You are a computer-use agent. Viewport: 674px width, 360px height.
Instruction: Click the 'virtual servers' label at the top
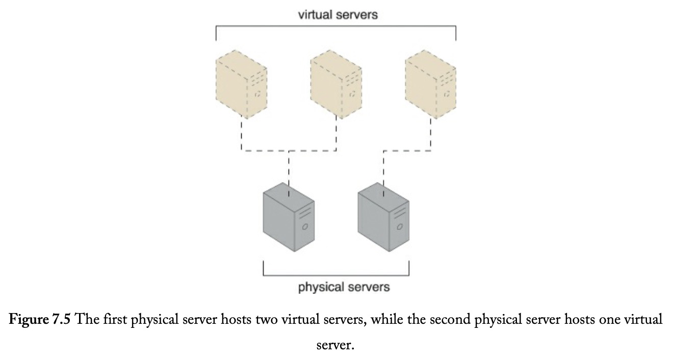point(338,15)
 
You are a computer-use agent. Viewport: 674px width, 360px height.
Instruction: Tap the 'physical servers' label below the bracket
point(344,287)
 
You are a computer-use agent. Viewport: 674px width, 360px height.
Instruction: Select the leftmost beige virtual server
point(241,84)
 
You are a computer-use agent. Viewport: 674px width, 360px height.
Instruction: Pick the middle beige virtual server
point(336,84)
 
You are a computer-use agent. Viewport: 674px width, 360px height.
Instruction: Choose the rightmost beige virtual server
point(431,84)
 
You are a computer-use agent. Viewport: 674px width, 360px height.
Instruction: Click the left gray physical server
point(289,217)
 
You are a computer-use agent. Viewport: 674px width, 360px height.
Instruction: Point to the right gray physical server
point(383,217)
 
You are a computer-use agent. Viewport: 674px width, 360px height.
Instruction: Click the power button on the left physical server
point(305,226)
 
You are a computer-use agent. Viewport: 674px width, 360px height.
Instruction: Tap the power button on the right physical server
point(400,226)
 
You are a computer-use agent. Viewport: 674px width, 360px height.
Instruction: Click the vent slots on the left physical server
point(305,212)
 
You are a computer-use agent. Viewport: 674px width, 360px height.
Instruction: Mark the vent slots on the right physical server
point(400,212)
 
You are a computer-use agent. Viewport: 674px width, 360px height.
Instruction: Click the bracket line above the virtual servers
point(336,26)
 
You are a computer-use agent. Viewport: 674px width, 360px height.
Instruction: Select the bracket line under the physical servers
point(336,275)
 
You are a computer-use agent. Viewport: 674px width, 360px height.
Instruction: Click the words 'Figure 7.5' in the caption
point(39,319)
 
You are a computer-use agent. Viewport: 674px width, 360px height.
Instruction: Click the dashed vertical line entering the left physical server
point(289,174)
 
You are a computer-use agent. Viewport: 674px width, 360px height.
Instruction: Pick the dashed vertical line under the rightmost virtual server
point(431,134)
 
